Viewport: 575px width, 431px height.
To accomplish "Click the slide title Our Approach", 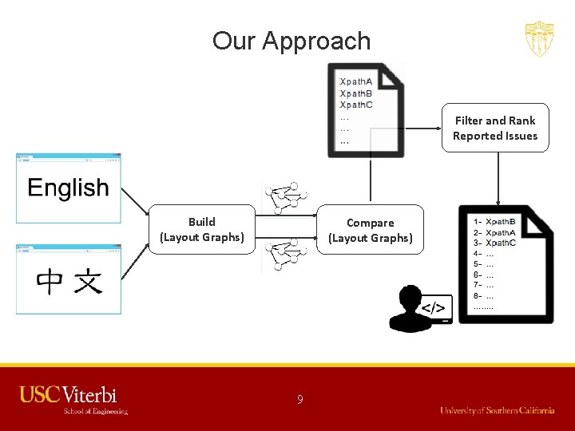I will (x=291, y=41).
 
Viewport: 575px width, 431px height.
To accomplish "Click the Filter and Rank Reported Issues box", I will (x=495, y=128).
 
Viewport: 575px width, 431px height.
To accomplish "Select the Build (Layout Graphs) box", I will (x=201, y=229).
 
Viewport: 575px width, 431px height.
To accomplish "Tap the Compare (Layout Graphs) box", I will (x=370, y=230).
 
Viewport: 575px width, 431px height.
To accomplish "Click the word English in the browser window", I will (x=68, y=188).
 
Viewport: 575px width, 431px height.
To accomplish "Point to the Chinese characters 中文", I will (x=69, y=282).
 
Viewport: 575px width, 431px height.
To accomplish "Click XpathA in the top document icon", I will (x=355, y=81).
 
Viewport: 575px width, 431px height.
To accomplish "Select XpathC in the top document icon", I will (x=355, y=105).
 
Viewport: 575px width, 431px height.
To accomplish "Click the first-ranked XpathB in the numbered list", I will (x=501, y=221).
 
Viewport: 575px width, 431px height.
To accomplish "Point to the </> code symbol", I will (x=434, y=308).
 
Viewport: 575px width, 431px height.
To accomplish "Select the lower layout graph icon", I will (x=286, y=255).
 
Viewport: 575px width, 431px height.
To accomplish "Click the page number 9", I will (x=300, y=399).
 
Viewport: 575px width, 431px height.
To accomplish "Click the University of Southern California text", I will (x=497, y=410).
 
